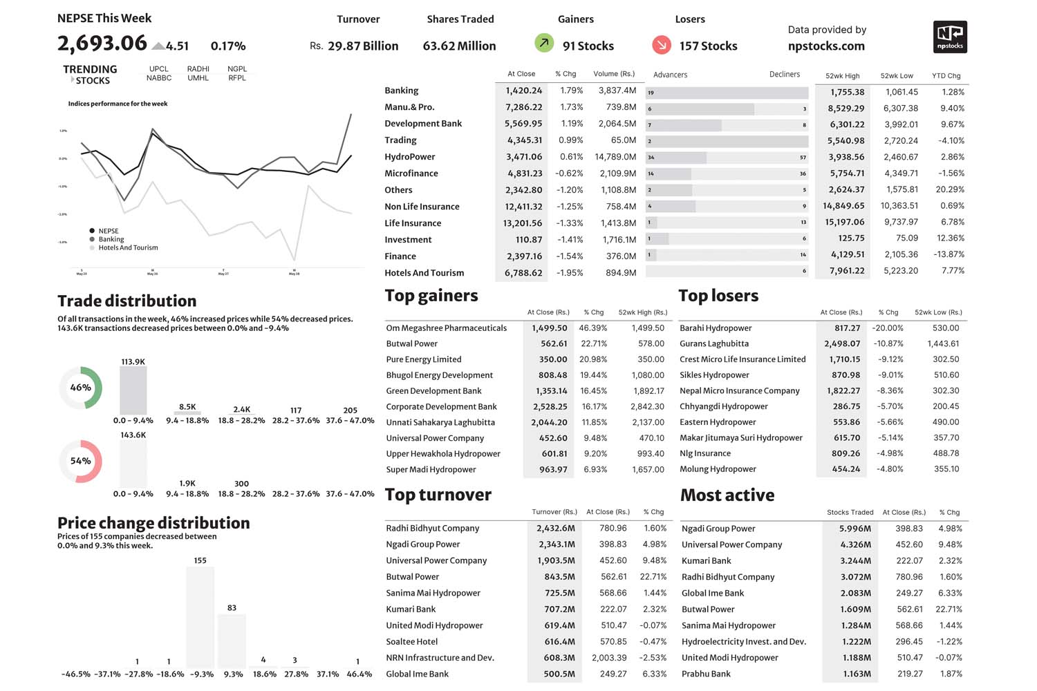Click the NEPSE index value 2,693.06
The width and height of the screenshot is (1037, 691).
(102, 44)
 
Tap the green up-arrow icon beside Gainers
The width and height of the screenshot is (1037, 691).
(544, 44)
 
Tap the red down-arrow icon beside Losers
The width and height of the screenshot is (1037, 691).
(661, 45)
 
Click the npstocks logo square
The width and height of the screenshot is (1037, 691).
(950, 37)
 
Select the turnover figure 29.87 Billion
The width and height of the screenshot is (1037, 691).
(363, 46)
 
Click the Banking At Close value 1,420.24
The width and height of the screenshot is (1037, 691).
(523, 91)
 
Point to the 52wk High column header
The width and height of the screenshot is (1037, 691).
(842, 75)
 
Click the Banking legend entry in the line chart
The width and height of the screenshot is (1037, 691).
(111, 239)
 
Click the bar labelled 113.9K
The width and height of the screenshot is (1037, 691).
(133, 390)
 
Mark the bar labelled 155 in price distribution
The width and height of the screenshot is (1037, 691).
(200, 616)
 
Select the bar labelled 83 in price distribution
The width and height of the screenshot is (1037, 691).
(232, 641)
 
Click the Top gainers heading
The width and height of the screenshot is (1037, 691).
(431, 296)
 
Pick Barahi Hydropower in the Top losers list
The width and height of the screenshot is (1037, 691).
(716, 328)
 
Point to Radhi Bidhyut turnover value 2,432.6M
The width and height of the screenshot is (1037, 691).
(555, 528)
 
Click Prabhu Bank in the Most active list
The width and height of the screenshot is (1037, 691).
(706, 674)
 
